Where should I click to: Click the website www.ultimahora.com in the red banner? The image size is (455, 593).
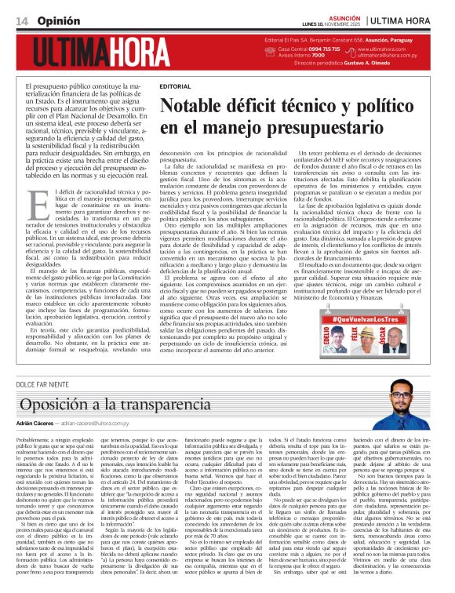pos(396,49)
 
